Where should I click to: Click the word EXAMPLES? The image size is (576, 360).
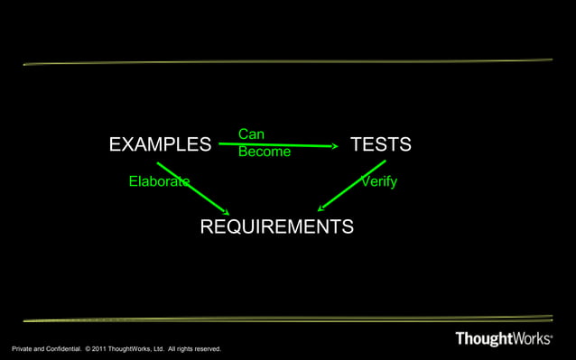[x=160, y=144]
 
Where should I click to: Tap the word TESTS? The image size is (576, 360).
[x=380, y=144]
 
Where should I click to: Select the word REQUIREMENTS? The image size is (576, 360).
[x=276, y=226]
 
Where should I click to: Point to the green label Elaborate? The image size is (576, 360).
[x=159, y=181]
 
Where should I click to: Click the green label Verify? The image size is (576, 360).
[x=378, y=181]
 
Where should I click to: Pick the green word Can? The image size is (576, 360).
[x=251, y=134]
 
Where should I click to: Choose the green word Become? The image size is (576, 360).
[x=265, y=152]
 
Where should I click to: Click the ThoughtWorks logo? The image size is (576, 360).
[x=503, y=339]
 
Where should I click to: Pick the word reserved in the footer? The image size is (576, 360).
[x=205, y=348]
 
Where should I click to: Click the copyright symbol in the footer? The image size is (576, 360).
[x=87, y=348]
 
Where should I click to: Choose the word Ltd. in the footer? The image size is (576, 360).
[x=157, y=348]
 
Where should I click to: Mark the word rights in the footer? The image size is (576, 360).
[x=181, y=348]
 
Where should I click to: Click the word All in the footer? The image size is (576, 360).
[x=169, y=348]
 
